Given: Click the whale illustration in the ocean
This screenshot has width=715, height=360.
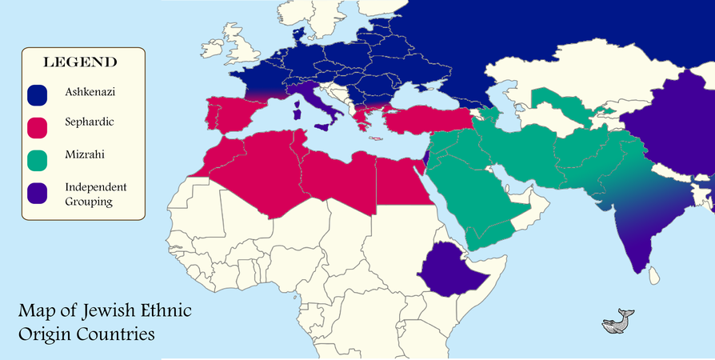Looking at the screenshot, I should point(617,321).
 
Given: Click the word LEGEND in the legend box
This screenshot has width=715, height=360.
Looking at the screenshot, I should point(80,62).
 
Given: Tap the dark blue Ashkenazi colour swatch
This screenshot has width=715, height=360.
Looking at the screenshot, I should point(38,94).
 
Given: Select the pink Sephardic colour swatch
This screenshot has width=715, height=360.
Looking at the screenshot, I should point(38,126).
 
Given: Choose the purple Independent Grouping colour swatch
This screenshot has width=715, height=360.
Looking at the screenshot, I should point(38,193).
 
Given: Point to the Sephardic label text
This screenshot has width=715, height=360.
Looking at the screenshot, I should point(89,125).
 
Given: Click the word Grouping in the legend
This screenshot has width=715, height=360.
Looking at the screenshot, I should point(90,202).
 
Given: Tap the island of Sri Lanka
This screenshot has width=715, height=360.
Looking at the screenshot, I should point(653,275).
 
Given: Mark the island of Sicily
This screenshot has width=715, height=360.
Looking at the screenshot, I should point(323,126).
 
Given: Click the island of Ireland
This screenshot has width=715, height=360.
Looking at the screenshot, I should point(214,51).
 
